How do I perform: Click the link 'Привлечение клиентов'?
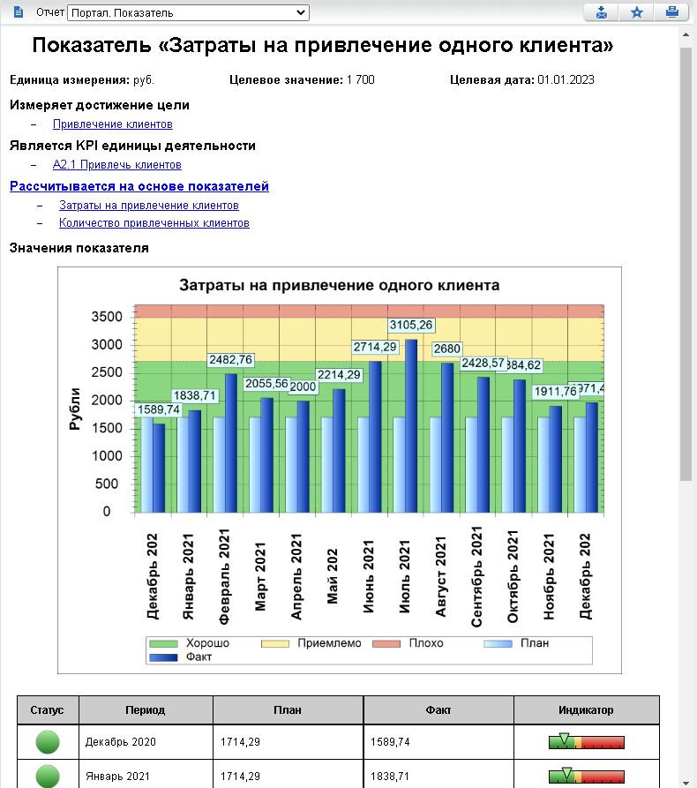[112, 124]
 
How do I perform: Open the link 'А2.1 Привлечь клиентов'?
[117, 164]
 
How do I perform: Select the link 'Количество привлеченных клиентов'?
[154, 223]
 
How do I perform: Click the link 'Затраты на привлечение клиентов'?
[148, 205]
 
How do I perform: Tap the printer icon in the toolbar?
[671, 12]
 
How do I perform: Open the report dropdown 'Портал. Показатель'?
[188, 13]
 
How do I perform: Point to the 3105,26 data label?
[411, 325]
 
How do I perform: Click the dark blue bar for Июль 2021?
[410, 424]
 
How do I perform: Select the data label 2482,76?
[230, 360]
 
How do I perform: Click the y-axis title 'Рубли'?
[75, 409]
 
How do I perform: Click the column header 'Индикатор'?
[586, 709]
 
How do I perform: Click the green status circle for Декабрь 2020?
[48, 742]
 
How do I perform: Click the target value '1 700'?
[360, 80]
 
